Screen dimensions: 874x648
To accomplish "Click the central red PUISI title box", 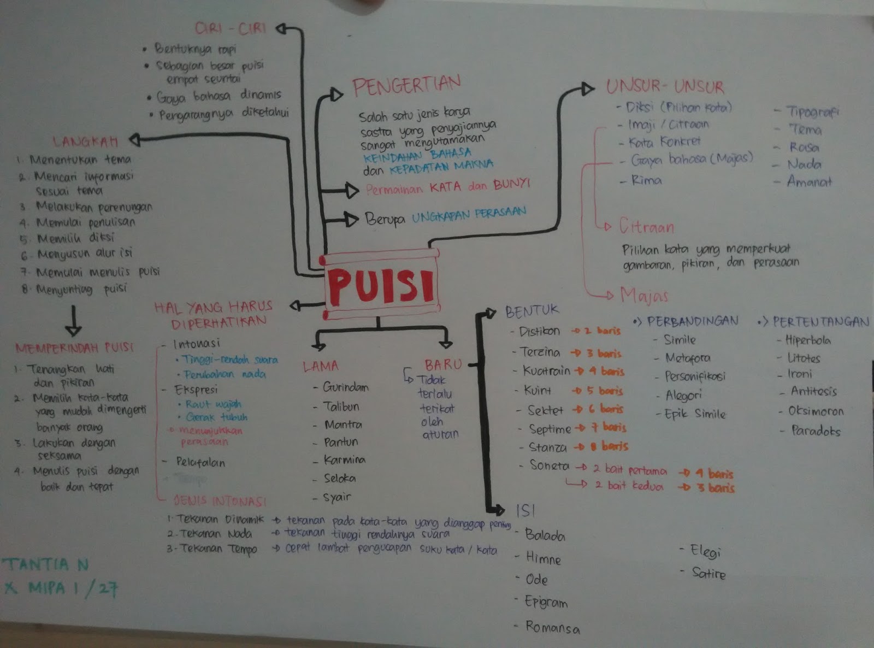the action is pos(381,285).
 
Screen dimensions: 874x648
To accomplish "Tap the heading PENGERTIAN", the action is pos(406,85).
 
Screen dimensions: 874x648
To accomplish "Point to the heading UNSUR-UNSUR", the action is pos(665,86).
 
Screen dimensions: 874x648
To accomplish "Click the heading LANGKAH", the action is pos(85,142).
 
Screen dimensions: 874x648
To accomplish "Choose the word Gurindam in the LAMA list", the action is pos(345,387).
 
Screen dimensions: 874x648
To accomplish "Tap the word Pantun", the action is pos(341,442).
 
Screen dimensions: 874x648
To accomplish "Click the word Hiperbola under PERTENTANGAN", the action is pos(807,340).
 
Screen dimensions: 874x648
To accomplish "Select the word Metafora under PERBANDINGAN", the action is pos(687,358).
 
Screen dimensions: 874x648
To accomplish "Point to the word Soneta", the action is pos(549,466).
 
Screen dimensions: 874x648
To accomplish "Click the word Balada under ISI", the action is pos(545,535).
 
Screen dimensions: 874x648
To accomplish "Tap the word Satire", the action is pos(708,573).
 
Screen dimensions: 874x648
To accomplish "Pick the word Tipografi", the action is pos(812,111).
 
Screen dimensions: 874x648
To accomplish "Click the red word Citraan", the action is pos(646,226).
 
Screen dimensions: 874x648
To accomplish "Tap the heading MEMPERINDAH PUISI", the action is pos(74,347).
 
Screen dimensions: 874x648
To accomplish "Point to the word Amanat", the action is pos(809,182).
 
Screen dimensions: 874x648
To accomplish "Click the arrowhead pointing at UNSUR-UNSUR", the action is pos(587,89).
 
